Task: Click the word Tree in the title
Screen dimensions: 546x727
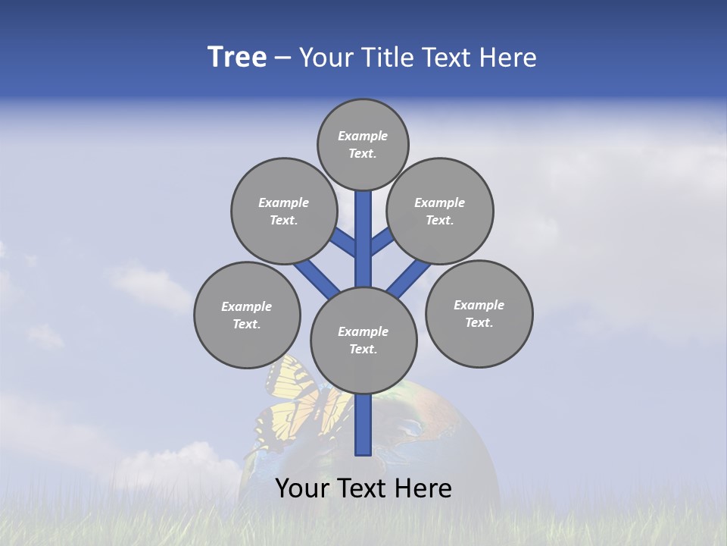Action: [237, 57]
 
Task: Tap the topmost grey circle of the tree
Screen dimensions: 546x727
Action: [363, 144]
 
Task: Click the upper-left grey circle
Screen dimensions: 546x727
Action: [284, 211]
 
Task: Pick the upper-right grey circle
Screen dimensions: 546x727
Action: [440, 211]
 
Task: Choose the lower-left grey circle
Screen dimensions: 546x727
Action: [247, 315]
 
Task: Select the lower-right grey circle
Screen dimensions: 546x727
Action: [479, 313]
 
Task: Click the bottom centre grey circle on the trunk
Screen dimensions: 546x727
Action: [363, 340]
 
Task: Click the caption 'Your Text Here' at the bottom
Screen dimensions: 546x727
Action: [363, 488]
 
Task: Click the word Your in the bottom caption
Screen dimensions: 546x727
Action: [301, 488]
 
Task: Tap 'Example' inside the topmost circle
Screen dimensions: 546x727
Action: [363, 136]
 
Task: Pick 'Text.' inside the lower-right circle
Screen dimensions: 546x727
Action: [479, 322]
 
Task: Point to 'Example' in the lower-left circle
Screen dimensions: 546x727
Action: [246, 306]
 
